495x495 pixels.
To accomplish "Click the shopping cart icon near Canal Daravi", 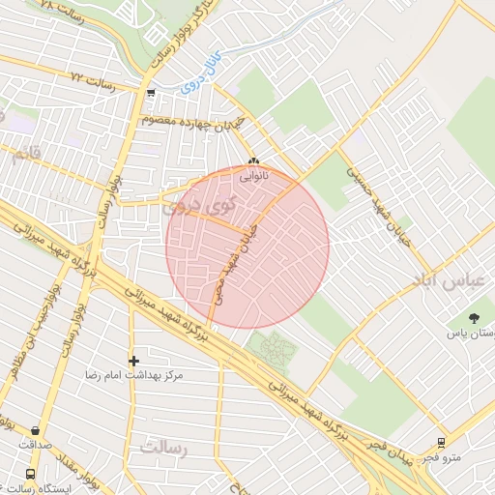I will pyautogui.click(x=151, y=94).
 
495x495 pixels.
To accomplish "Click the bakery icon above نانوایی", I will pyautogui.click(x=253, y=161).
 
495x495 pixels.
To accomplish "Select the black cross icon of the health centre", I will pyautogui.click(x=133, y=361).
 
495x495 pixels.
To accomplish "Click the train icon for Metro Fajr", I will pyautogui.click(x=441, y=443).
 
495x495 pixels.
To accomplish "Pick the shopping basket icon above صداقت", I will pyautogui.click(x=36, y=431).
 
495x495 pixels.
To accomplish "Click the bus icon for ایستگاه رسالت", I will pyautogui.click(x=30, y=475).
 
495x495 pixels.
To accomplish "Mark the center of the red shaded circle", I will pyautogui.click(x=247, y=247).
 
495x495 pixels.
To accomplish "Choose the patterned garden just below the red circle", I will pyautogui.click(x=272, y=348).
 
